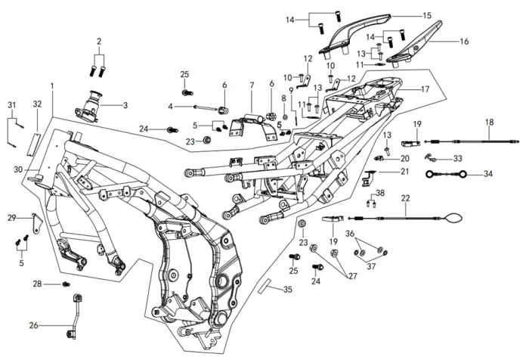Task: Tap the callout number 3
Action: tap(125, 105)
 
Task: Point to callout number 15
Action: tap(427, 15)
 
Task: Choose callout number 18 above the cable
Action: tap(489, 122)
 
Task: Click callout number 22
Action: tap(405, 199)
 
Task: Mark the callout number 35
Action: tap(287, 290)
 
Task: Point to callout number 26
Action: tap(33, 326)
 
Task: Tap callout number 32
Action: tap(37, 104)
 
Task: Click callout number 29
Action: tap(11, 218)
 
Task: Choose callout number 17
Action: tap(425, 88)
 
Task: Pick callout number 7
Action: tap(252, 85)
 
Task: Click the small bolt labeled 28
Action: tap(66, 284)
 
